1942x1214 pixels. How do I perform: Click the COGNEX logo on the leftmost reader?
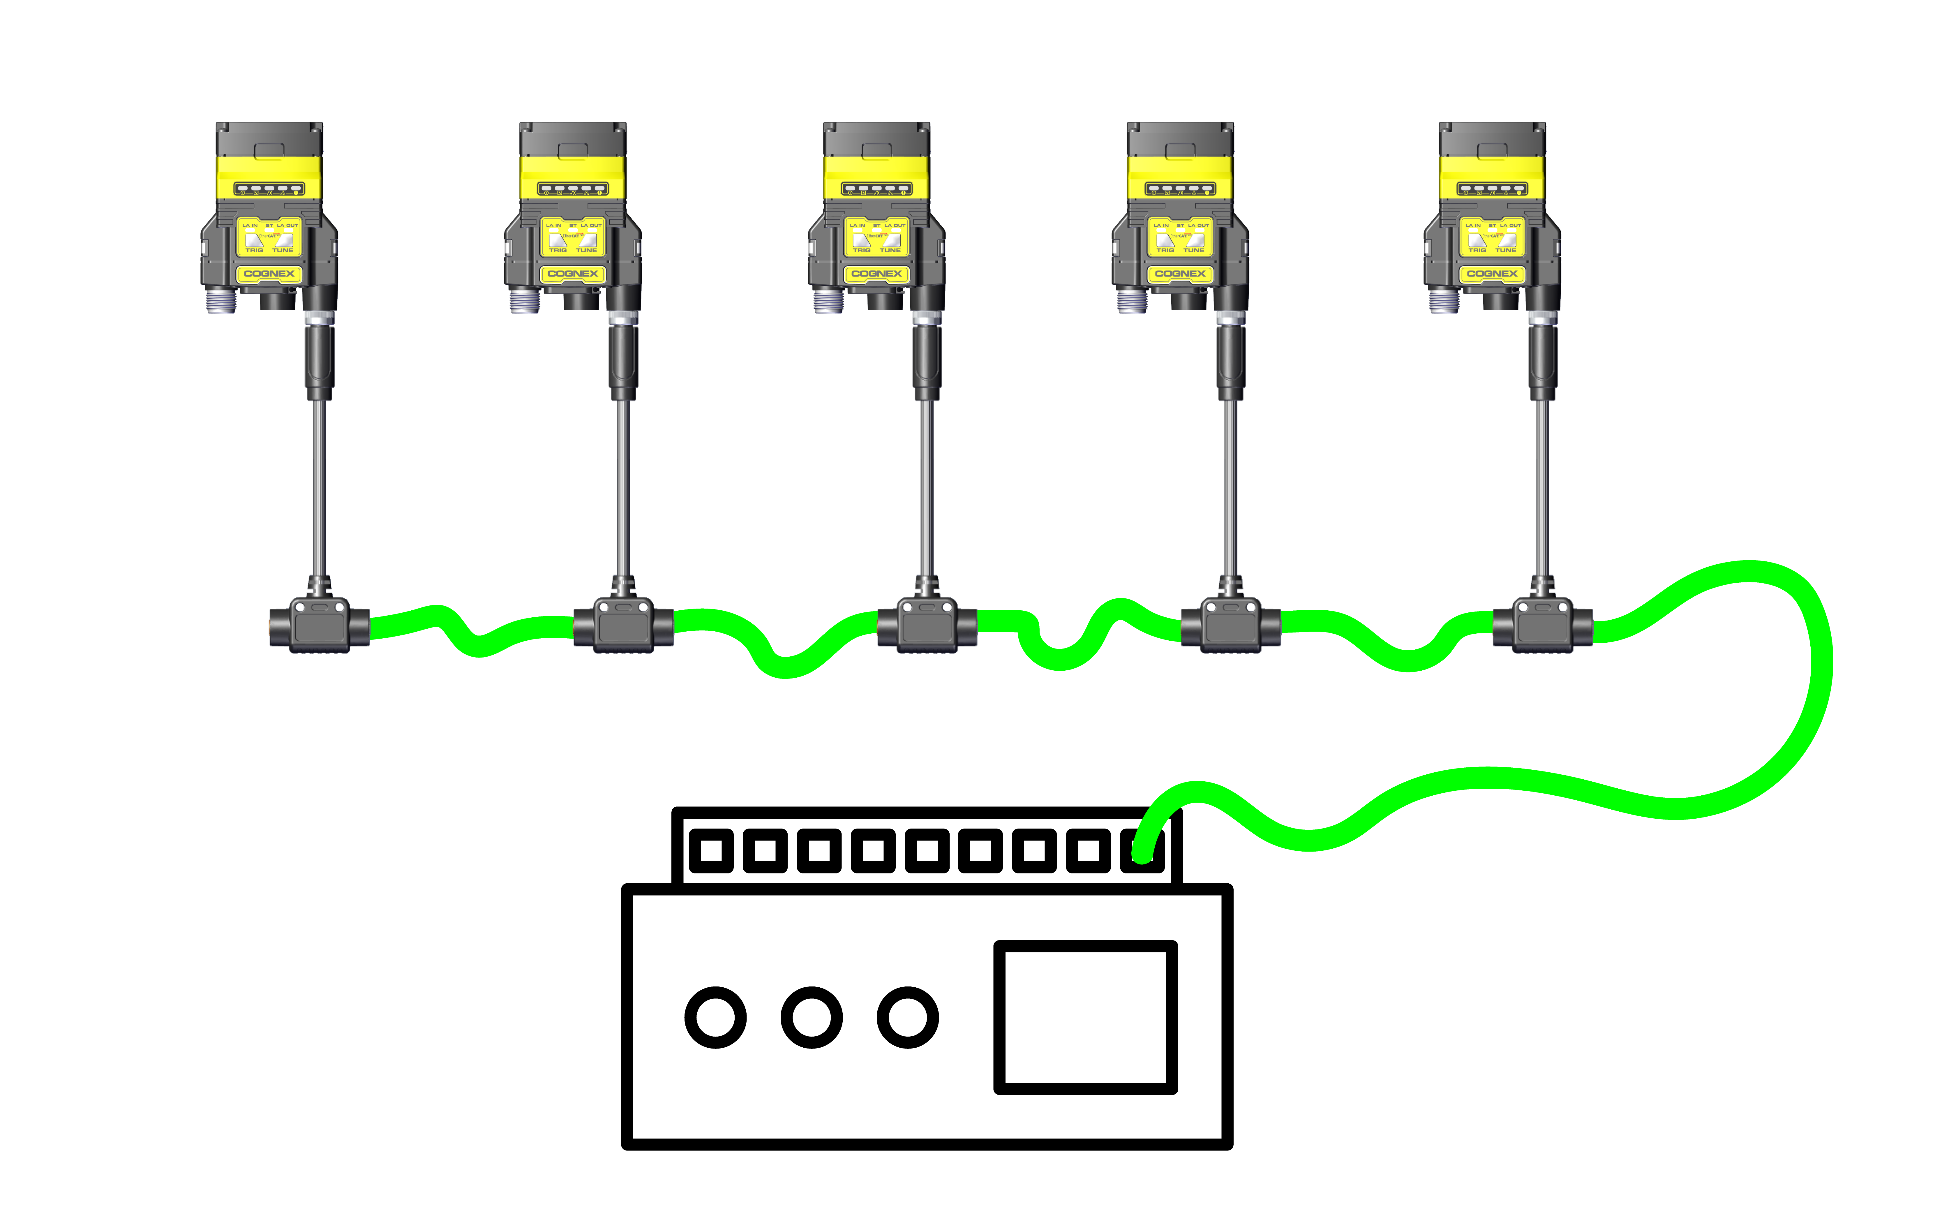269,274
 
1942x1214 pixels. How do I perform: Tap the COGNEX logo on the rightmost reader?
1492,274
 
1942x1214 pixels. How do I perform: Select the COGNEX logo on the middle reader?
877,274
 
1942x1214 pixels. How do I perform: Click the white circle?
907,1017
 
